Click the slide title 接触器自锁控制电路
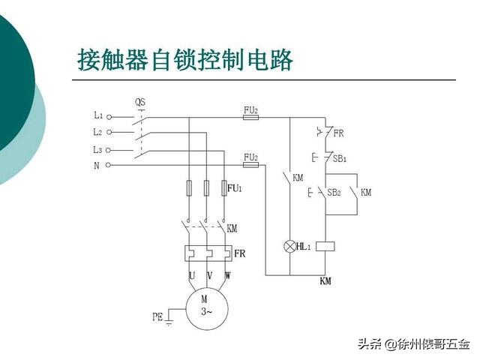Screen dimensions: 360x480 [x=185, y=58]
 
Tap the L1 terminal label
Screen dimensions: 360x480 [x=98, y=115]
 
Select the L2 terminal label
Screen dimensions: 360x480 [x=98, y=132]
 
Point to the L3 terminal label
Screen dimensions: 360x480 [x=98, y=148]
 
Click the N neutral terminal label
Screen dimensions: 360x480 [x=97, y=165]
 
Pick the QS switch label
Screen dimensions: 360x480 [x=140, y=101]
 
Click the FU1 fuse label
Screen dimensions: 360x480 [x=235, y=187]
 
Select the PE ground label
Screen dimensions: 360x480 [x=158, y=317]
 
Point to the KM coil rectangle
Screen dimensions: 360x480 [x=325, y=246]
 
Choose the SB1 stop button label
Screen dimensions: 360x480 [x=339, y=159]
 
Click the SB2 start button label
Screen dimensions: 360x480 [x=334, y=193]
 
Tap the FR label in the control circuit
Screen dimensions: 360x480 [x=338, y=133]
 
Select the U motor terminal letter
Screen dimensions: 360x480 [x=192, y=276]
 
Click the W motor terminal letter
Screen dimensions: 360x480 [x=227, y=276]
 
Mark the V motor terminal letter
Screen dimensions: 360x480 [x=209, y=276]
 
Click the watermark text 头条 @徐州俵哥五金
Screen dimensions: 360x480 [x=413, y=344]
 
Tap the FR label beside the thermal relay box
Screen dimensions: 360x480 [x=240, y=253]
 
